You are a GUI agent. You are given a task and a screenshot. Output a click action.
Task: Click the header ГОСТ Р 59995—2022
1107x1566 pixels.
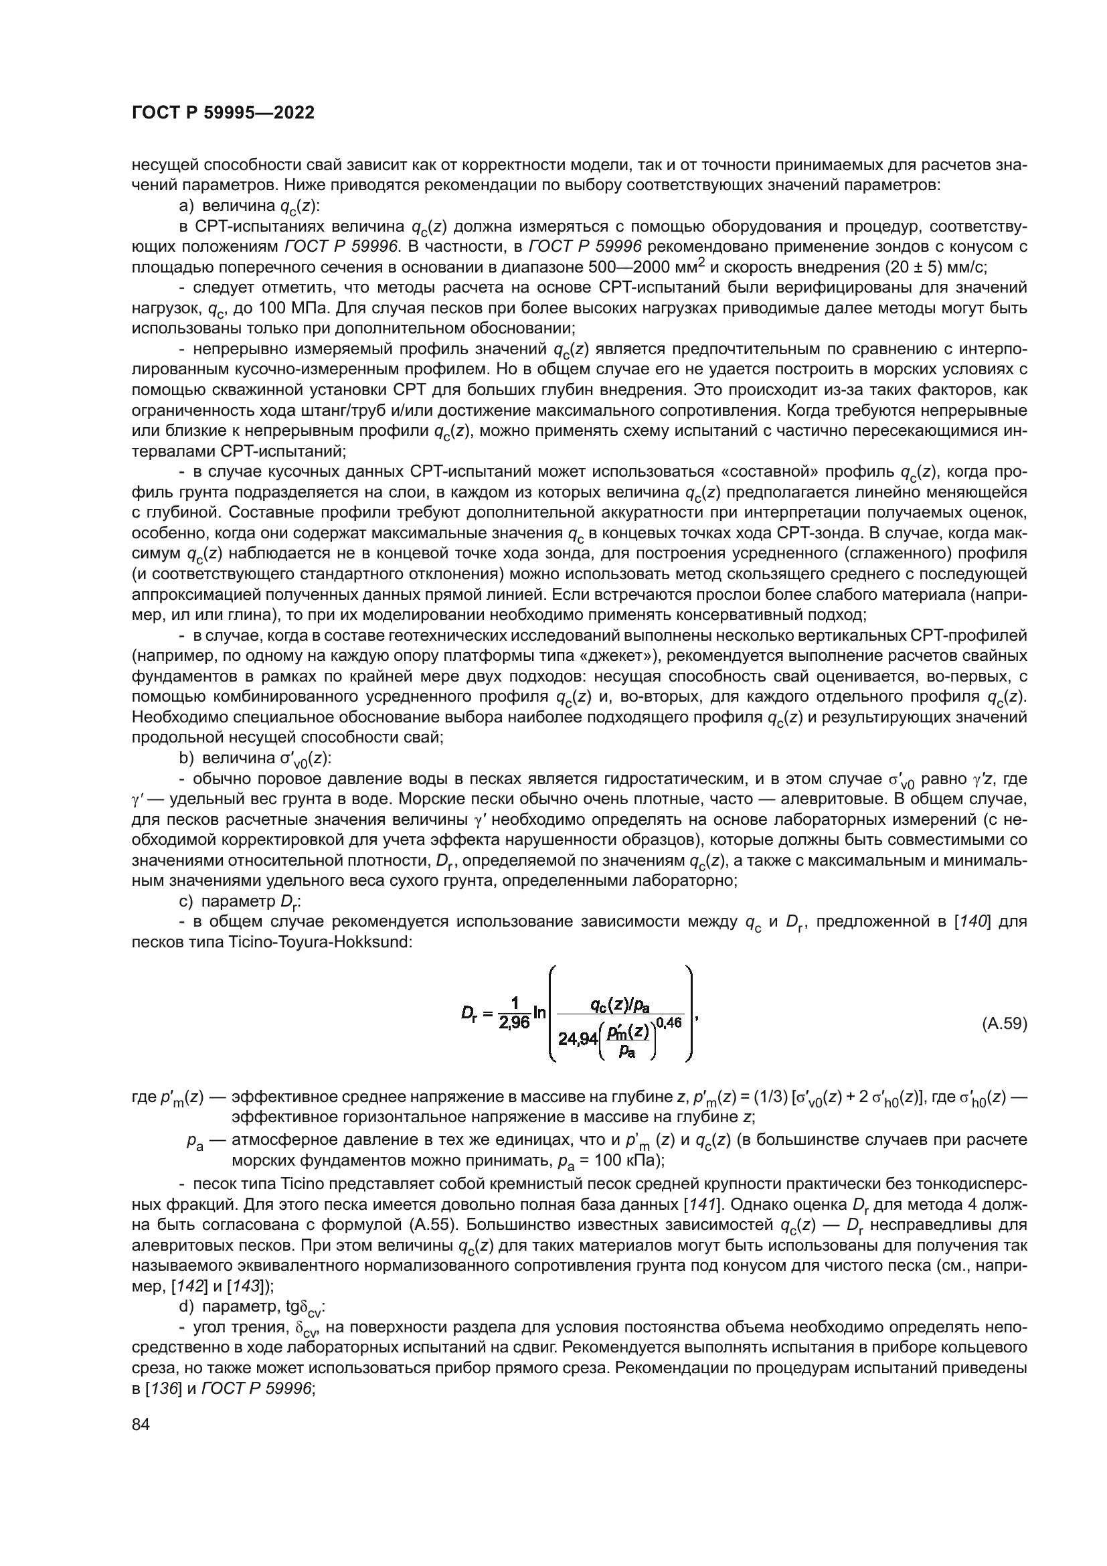tap(223, 113)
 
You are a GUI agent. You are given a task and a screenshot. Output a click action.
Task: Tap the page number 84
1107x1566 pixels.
tap(141, 1424)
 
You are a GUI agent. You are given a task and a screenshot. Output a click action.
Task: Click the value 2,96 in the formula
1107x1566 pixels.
tap(515, 1024)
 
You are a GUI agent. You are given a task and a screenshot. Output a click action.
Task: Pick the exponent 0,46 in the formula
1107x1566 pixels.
tap(669, 1022)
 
